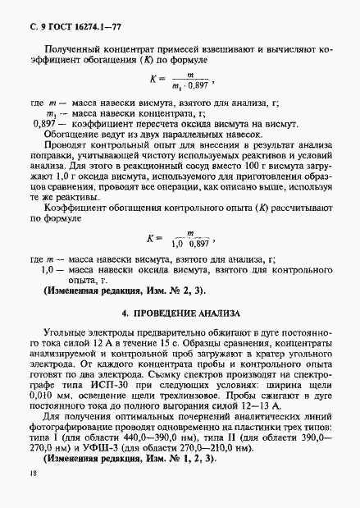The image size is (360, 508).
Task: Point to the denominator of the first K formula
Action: (196, 85)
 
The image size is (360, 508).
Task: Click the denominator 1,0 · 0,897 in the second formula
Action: (194, 244)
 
